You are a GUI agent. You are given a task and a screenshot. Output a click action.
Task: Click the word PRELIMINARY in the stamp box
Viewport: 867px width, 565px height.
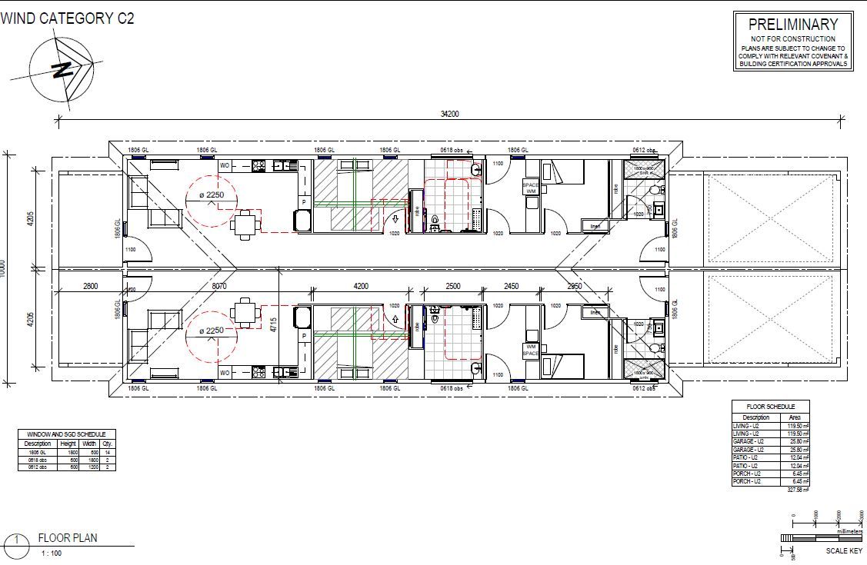point(792,25)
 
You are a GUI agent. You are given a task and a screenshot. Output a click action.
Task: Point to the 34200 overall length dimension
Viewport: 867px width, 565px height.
point(450,115)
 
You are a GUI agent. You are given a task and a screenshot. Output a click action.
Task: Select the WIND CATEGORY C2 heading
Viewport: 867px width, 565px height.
point(68,18)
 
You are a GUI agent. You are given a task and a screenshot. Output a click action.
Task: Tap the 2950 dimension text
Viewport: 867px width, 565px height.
point(575,286)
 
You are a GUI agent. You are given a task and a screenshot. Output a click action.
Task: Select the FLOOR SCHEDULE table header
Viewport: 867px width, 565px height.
point(771,407)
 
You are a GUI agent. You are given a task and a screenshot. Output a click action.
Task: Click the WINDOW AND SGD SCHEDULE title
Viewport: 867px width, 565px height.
point(66,434)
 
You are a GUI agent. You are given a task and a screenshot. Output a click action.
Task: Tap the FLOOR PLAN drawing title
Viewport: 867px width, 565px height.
point(68,538)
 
